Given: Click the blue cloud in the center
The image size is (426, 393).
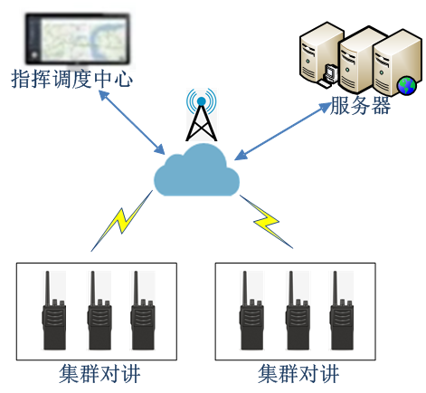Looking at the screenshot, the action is (x=196, y=171).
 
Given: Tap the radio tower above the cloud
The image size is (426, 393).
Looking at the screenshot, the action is (x=202, y=118).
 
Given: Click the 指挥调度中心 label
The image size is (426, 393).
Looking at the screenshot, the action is (x=71, y=79).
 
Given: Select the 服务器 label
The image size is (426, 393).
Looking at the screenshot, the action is (x=361, y=105).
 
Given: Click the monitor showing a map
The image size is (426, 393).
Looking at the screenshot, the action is (x=78, y=39).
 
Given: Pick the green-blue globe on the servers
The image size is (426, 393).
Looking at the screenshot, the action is (x=406, y=85).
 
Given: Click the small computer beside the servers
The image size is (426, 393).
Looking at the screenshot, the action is (x=327, y=75).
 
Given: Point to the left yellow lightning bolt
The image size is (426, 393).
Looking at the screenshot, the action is (x=122, y=221).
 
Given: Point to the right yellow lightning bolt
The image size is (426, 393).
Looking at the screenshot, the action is (x=267, y=222).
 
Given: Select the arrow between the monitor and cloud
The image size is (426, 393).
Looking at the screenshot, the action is (x=132, y=122).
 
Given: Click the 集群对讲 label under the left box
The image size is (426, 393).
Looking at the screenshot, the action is (x=99, y=374).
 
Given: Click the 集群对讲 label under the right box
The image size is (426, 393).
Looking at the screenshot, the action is (x=298, y=374).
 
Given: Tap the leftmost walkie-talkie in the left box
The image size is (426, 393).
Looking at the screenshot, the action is (x=53, y=311).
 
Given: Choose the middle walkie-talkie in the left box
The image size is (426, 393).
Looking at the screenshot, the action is (x=99, y=311).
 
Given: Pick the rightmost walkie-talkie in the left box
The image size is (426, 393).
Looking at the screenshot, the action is (x=143, y=311).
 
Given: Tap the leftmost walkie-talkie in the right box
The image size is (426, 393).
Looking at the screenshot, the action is (x=252, y=311).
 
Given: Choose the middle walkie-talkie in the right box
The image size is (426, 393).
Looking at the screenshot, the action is (x=298, y=311).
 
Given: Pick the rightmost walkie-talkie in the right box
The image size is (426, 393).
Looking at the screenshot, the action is (x=342, y=311).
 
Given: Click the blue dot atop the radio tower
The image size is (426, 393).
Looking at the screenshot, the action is (x=202, y=101).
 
